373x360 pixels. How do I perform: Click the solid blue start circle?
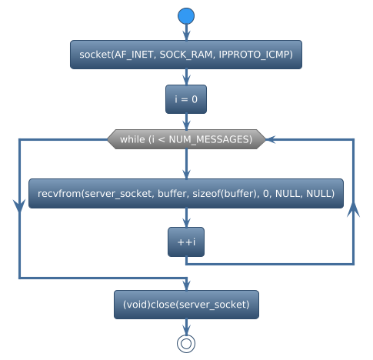[x=186, y=16]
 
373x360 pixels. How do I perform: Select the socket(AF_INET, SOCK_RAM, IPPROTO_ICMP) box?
[x=186, y=55]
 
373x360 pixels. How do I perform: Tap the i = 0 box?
[x=186, y=99]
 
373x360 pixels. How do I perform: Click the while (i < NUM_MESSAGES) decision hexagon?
[x=186, y=139]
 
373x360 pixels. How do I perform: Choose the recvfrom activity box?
[x=186, y=194]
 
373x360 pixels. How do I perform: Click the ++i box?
[x=186, y=242]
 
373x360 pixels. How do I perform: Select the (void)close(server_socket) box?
[x=186, y=304]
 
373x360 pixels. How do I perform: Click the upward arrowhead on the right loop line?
[x=353, y=210]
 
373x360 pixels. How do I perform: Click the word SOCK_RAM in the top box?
[x=185, y=55]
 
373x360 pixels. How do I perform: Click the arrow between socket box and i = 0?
[x=186, y=78]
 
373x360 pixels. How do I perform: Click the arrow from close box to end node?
[x=186, y=325]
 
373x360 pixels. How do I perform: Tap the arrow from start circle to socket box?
[x=186, y=33]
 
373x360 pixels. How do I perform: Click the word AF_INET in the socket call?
[x=134, y=55]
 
